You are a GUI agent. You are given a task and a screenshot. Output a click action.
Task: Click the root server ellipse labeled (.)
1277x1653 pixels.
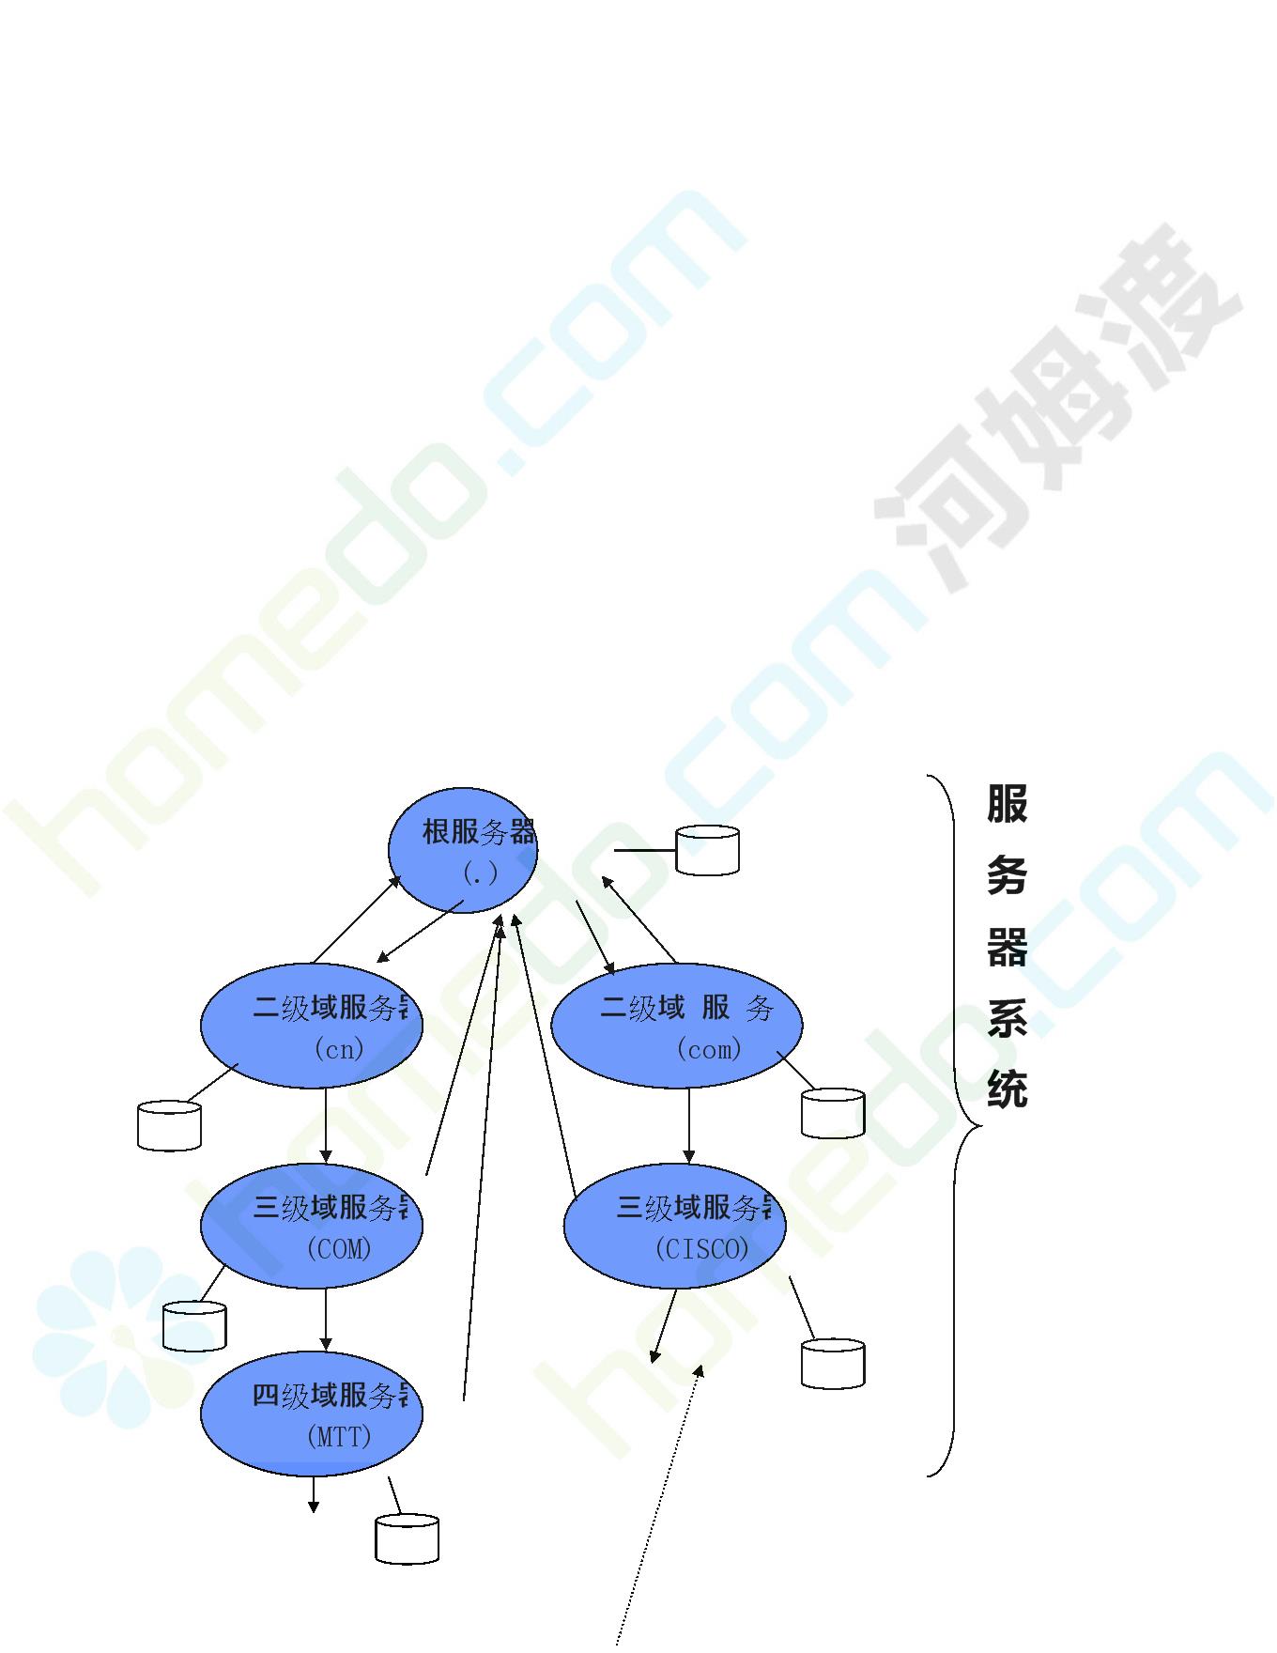(x=463, y=850)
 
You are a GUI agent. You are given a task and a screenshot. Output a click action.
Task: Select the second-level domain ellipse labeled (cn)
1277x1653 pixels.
(x=312, y=1027)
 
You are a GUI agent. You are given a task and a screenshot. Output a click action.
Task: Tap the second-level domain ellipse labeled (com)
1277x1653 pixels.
(x=676, y=1027)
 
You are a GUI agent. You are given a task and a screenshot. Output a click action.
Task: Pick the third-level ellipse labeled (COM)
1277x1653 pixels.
(x=312, y=1226)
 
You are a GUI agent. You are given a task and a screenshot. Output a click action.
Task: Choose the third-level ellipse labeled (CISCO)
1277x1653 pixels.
(x=674, y=1226)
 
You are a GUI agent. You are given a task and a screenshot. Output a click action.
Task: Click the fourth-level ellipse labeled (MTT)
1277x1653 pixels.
(x=312, y=1414)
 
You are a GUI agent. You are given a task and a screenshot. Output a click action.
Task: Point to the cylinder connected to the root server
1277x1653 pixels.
(x=707, y=851)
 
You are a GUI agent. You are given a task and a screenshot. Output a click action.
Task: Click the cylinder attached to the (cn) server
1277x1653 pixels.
(x=169, y=1125)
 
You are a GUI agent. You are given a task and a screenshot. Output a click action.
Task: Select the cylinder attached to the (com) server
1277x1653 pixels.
(x=833, y=1114)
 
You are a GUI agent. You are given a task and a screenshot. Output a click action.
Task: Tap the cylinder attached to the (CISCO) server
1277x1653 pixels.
(x=833, y=1364)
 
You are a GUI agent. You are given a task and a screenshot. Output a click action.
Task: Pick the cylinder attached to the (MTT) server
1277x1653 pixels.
(x=407, y=1538)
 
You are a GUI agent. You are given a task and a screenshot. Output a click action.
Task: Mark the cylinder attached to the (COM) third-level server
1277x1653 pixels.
(x=194, y=1326)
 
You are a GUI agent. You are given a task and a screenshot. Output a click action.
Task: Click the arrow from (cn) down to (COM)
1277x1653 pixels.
(x=326, y=1125)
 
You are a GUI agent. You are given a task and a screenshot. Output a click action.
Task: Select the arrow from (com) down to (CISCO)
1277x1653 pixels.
(x=689, y=1125)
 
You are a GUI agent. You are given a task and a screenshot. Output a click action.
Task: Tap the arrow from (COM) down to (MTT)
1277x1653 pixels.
(x=326, y=1319)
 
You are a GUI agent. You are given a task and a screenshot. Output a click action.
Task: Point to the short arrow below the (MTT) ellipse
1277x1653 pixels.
(x=314, y=1494)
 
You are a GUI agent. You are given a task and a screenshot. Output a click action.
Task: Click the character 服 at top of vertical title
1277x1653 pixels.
(x=1007, y=805)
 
